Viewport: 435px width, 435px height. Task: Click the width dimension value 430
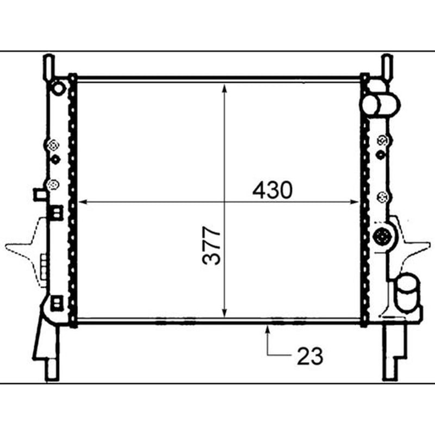click(x=272, y=190)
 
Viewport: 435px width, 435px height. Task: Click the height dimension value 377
click(x=212, y=246)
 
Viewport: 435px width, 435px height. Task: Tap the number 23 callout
click(x=310, y=356)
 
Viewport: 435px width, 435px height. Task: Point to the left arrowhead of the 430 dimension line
click(x=83, y=202)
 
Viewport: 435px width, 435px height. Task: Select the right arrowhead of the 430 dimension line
click(x=355, y=202)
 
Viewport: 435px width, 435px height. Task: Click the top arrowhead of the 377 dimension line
click(x=225, y=89)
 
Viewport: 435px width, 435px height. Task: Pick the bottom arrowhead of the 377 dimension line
click(x=225, y=313)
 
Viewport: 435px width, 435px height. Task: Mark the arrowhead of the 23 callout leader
click(x=268, y=330)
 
